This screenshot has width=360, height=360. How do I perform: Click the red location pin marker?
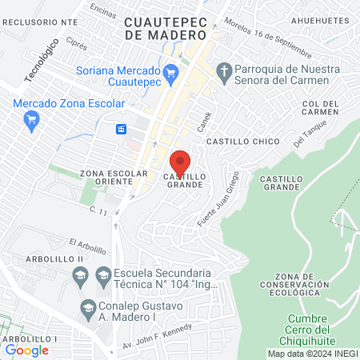[180, 162]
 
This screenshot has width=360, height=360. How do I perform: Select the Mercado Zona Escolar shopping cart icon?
[32, 121]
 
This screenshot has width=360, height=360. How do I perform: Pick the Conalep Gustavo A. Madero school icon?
[87, 307]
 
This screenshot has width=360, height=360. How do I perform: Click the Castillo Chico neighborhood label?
[243, 141]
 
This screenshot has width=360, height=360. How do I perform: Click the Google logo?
[27, 350]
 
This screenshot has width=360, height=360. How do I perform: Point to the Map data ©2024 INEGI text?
[312, 354]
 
